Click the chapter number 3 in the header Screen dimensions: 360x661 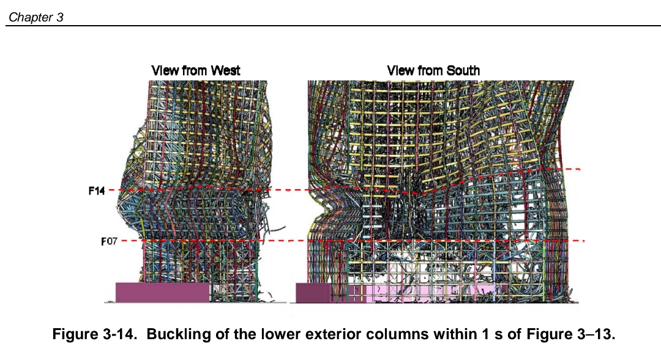click(59, 17)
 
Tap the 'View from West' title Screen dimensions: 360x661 click(196, 70)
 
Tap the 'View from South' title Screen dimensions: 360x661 click(433, 70)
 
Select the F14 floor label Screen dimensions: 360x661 click(97, 191)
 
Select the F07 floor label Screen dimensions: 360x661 click(109, 241)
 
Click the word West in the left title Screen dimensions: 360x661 click(225, 70)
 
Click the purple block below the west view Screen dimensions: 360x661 click(162, 292)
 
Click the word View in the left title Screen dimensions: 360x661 click(165, 70)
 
